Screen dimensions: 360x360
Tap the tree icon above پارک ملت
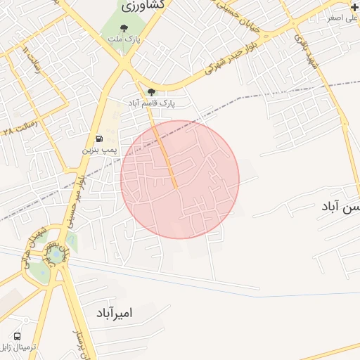(124, 29)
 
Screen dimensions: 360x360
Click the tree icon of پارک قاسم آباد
(151, 92)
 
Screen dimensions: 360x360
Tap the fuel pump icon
(98, 138)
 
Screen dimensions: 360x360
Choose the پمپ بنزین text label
(97, 149)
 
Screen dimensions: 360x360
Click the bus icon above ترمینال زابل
(16, 336)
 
